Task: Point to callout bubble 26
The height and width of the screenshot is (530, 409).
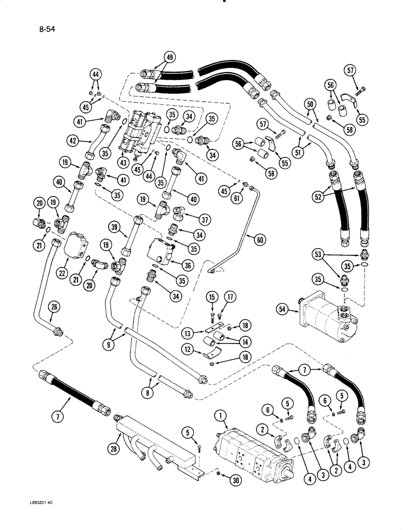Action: [54, 306]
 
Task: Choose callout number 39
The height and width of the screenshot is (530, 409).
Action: [113, 226]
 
